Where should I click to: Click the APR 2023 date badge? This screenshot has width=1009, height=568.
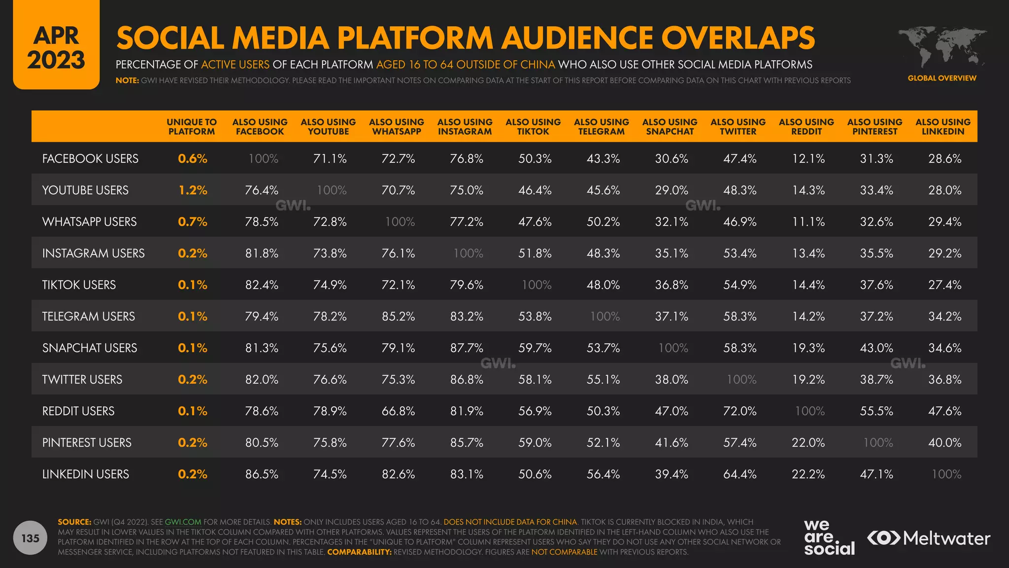[x=56, y=47]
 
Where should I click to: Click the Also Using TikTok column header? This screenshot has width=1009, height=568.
[x=533, y=127]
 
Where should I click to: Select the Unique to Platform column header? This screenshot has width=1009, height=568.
[x=192, y=127]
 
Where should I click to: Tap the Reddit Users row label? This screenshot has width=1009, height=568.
[x=78, y=411]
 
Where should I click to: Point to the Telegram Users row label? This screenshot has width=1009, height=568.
[x=89, y=316]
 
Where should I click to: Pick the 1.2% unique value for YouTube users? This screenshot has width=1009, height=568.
[x=193, y=190]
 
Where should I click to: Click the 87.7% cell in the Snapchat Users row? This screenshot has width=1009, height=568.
[x=466, y=348]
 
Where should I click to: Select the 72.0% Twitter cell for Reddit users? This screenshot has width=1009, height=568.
[x=740, y=411]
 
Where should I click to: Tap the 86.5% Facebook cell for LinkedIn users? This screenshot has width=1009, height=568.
[x=262, y=474]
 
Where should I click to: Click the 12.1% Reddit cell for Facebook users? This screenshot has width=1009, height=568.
[x=808, y=158]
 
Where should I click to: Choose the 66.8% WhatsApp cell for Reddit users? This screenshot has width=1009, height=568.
[x=398, y=411]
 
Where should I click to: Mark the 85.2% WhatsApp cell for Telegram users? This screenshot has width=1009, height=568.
[x=398, y=316]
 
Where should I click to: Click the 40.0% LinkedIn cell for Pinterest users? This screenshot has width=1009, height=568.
[x=944, y=442]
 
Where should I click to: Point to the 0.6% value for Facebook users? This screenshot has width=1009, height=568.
[x=193, y=158]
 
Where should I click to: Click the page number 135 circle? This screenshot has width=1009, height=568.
[x=30, y=538]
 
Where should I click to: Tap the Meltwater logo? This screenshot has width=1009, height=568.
[x=928, y=538]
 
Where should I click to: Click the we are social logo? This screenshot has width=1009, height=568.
[x=829, y=537]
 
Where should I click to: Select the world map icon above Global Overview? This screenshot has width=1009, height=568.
[x=942, y=47]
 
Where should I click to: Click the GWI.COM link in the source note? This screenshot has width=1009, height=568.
[x=183, y=522]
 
